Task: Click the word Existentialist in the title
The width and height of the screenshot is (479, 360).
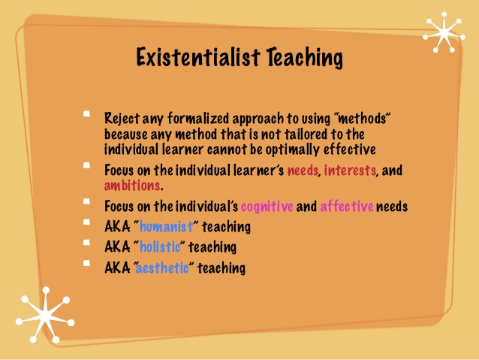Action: click(x=198, y=57)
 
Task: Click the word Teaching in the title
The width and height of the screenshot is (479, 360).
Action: click(x=305, y=57)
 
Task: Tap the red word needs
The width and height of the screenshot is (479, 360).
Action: click(x=303, y=171)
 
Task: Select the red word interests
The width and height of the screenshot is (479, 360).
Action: click(x=350, y=170)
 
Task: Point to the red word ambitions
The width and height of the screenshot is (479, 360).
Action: click(x=132, y=186)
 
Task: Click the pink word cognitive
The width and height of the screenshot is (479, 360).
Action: click(x=267, y=207)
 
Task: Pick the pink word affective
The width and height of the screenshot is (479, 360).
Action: click(x=347, y=206)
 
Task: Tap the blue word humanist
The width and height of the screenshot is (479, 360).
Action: click(x=166, y=227)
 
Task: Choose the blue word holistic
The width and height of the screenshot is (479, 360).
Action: click(x=160, y=247)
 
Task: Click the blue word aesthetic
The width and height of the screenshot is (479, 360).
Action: click(x=162, y=268)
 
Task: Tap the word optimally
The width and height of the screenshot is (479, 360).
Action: click(x=292, y=150)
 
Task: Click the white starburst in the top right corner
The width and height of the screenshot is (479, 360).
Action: click(x=444, y=32)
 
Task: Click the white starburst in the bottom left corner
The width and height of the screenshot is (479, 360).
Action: click(x=46, y=315)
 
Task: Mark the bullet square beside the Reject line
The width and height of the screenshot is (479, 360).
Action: click(x=86, y=114)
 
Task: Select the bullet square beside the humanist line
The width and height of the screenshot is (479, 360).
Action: click(x=86, y=222)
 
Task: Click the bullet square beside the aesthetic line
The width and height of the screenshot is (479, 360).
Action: click(x=86, y=263)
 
